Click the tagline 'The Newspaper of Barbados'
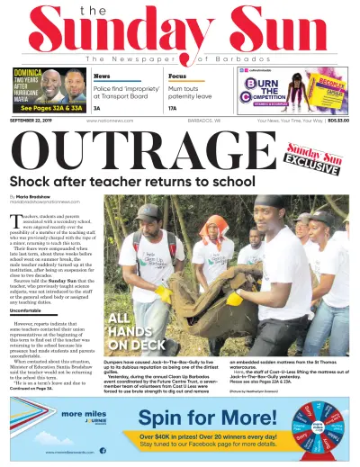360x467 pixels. click(x=179, y=58)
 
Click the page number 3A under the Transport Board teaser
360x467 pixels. click(x=98, y=108)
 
